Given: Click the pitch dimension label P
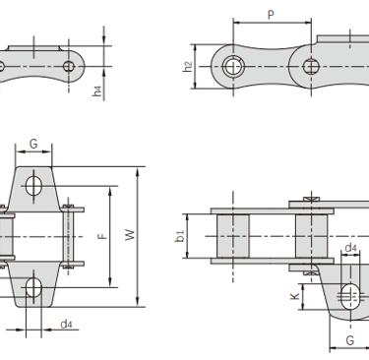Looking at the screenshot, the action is tap(271, 15).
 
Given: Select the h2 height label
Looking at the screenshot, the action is tap(188, 67).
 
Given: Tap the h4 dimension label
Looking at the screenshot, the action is tap(97, 90).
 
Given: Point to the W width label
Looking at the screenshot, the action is tap(130, 235).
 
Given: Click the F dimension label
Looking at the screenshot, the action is tap(103, 236).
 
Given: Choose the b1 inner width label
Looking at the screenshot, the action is tap(180, 236).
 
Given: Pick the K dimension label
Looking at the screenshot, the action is tap(295, 296).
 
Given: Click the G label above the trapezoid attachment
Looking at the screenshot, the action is tap(33, 144).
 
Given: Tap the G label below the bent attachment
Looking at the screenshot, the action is tap(350, 340).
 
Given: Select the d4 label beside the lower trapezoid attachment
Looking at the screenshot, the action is tap(67, 325).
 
